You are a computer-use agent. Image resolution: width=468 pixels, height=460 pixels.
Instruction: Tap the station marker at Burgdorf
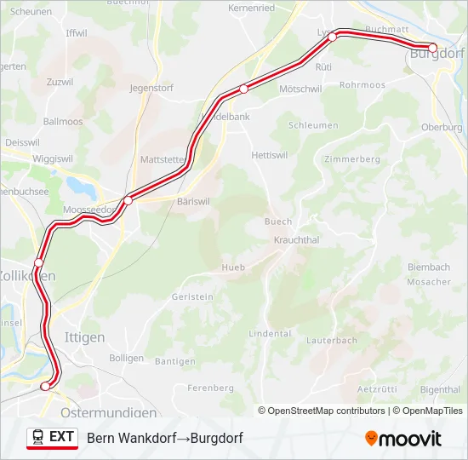pyautogui.click(x=432, y=48)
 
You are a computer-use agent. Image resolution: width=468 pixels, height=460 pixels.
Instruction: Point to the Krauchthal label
pyautogui.click(x=296, y=240)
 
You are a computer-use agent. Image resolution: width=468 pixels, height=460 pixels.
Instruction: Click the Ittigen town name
pyautogui.click(x=85, y=337)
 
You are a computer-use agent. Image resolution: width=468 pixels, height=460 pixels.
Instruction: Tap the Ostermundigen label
pyautogui.click(x=108, y=412)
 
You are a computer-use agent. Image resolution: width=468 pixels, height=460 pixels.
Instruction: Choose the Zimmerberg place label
pyautogui.click(x=351, y=159)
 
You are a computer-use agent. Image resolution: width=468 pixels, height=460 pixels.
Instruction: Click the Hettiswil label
pyautogui.click(x=272, y=155)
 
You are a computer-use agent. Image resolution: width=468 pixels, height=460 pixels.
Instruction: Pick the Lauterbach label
pyautogui.click(x=332, y=340)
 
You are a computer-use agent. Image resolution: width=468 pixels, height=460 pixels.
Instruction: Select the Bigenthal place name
pyautogui.click(x=441, y=389)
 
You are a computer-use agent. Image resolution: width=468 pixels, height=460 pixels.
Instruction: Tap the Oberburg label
pyautogui.click(x=442, y=127)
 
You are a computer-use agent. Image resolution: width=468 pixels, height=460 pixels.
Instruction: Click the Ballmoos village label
pyautogui.click(x=63, y=122)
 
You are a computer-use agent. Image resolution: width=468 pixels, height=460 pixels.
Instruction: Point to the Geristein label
pyautogui.click(x=192, y=296)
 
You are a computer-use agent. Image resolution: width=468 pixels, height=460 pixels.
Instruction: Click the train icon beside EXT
pyautogui.click(x=38, y=437)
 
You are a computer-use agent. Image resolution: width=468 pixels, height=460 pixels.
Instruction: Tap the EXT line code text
pyautogui.click(x=61, y=437)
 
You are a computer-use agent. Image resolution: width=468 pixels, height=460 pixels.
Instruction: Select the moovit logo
pyautogui.click(x=403, y=439)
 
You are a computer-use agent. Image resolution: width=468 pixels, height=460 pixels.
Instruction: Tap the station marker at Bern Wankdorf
pyautogui.click(x=46, y=386)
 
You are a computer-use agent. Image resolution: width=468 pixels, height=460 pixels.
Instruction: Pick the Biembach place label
pyautogui.click(x=430, y=266)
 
